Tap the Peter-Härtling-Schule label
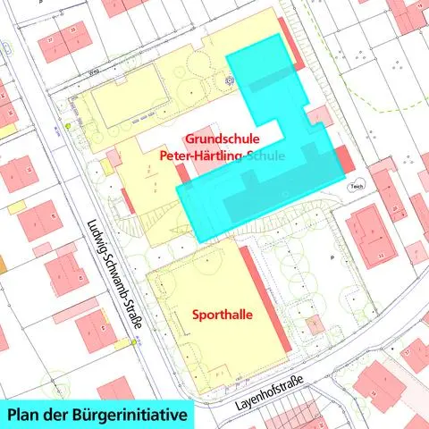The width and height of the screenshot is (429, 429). tap(222, 156)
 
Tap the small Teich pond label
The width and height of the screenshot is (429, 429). tap(357, 186)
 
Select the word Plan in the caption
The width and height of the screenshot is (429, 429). tap(28, 415)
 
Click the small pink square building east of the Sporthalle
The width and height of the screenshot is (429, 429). tap(313, 323)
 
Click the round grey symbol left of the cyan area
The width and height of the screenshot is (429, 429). tap(230, 80)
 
